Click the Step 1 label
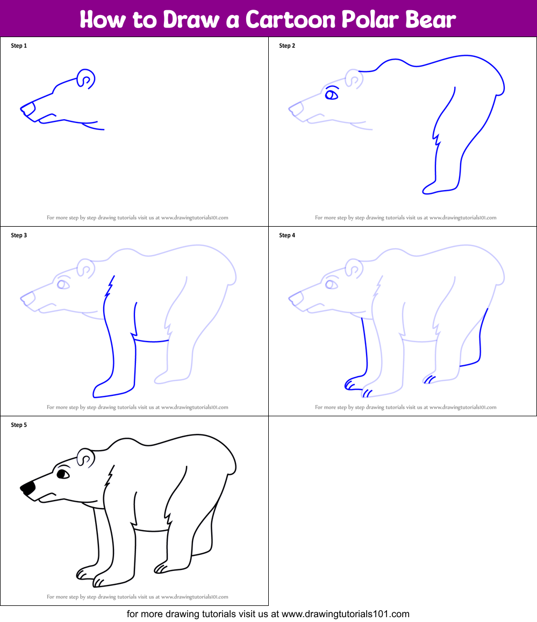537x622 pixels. (x=19, y=46)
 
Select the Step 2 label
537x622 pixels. (x=287, y=46)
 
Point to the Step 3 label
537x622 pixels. (x=19, y=235)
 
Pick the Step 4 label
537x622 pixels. (x=287, y=235)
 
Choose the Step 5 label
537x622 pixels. (x=19, y=425)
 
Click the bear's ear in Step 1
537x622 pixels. (x=85, y=78)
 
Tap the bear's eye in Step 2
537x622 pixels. (x=332, y=95)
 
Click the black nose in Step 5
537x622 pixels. (x=28, y=488)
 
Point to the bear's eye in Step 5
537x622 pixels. (x=63, y=474)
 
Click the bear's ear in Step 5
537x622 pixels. (x=86, y=458)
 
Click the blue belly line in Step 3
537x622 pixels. (x=152, y=340)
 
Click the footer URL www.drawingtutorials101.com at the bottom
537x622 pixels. (x=346, y=613)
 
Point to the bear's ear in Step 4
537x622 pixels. (x=354, y=267)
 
